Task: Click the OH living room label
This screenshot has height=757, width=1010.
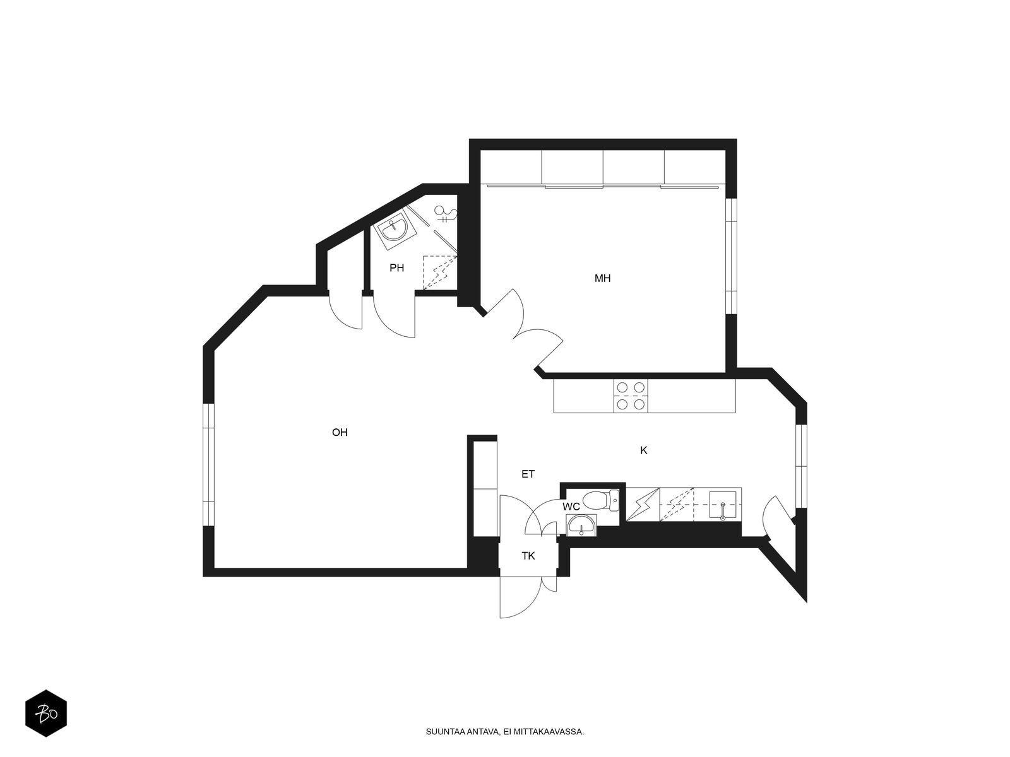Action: pyautogui.click(x=340, y=433)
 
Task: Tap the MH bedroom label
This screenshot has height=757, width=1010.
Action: pyautogui.click(x=602, y=278)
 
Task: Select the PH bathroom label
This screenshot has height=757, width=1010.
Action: pyautogui.click(x=396, y=268)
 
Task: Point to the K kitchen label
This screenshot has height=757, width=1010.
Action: pyautogui.click(x=644, y=450)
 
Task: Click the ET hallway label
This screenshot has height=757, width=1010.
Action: pyautogui.click(x=528, y=474)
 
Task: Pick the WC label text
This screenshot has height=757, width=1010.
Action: pyautogui.click(x=571, y=507)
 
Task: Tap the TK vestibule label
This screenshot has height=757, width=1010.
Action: pyautogui.click(x=528, y=556)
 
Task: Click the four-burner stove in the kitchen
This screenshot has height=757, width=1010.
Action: pyautogui.click(x=631, y=396)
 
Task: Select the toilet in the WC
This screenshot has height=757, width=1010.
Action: pyautogui.click(x=600, y=501)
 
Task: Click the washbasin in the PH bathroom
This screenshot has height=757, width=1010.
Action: pyautogui.click(x=395, y=230)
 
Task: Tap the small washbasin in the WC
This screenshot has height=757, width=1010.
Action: pyautogui.click(x=581, y=525)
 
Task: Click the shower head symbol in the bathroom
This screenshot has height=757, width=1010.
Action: pyautogui.click(x=446, y=214)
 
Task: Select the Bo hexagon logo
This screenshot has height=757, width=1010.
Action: pyautogui.click(x=46, y=713)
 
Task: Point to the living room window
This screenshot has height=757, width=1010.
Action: pyautogui.click(x=209, y=465)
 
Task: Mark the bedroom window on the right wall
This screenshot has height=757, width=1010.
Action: pyautogui.click(x=731, y=256)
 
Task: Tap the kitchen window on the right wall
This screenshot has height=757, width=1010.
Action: pyautogui.click(x=801, y=466)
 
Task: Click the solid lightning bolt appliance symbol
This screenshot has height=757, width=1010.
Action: pyautogui.click(x=643, y=505)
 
